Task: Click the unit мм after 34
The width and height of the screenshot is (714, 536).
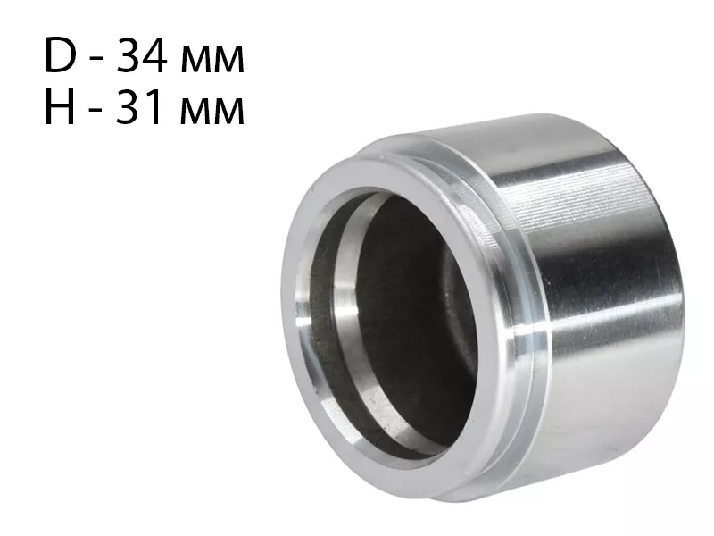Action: tap(212, 61)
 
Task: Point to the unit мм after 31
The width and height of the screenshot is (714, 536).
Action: tap(212, 113)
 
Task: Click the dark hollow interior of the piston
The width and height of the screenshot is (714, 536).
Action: tap(410, 319)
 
